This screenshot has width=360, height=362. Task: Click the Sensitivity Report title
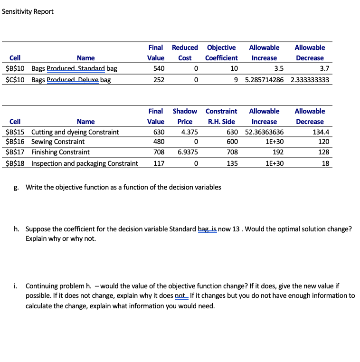click(x=28, y=11)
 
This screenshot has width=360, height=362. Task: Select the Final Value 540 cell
click(x=159, y=68)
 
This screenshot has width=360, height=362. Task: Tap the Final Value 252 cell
click(x=159, y=80)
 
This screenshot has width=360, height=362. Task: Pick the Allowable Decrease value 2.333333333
click(x=309, y=80)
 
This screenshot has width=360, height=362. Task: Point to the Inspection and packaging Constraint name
click(x=85, y=163)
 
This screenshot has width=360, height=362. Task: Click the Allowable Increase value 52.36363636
click(x=264, y=132)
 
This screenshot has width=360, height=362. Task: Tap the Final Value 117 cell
click(x=159, y=163)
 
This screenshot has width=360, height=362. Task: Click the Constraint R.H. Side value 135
click(x=231, y=163)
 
